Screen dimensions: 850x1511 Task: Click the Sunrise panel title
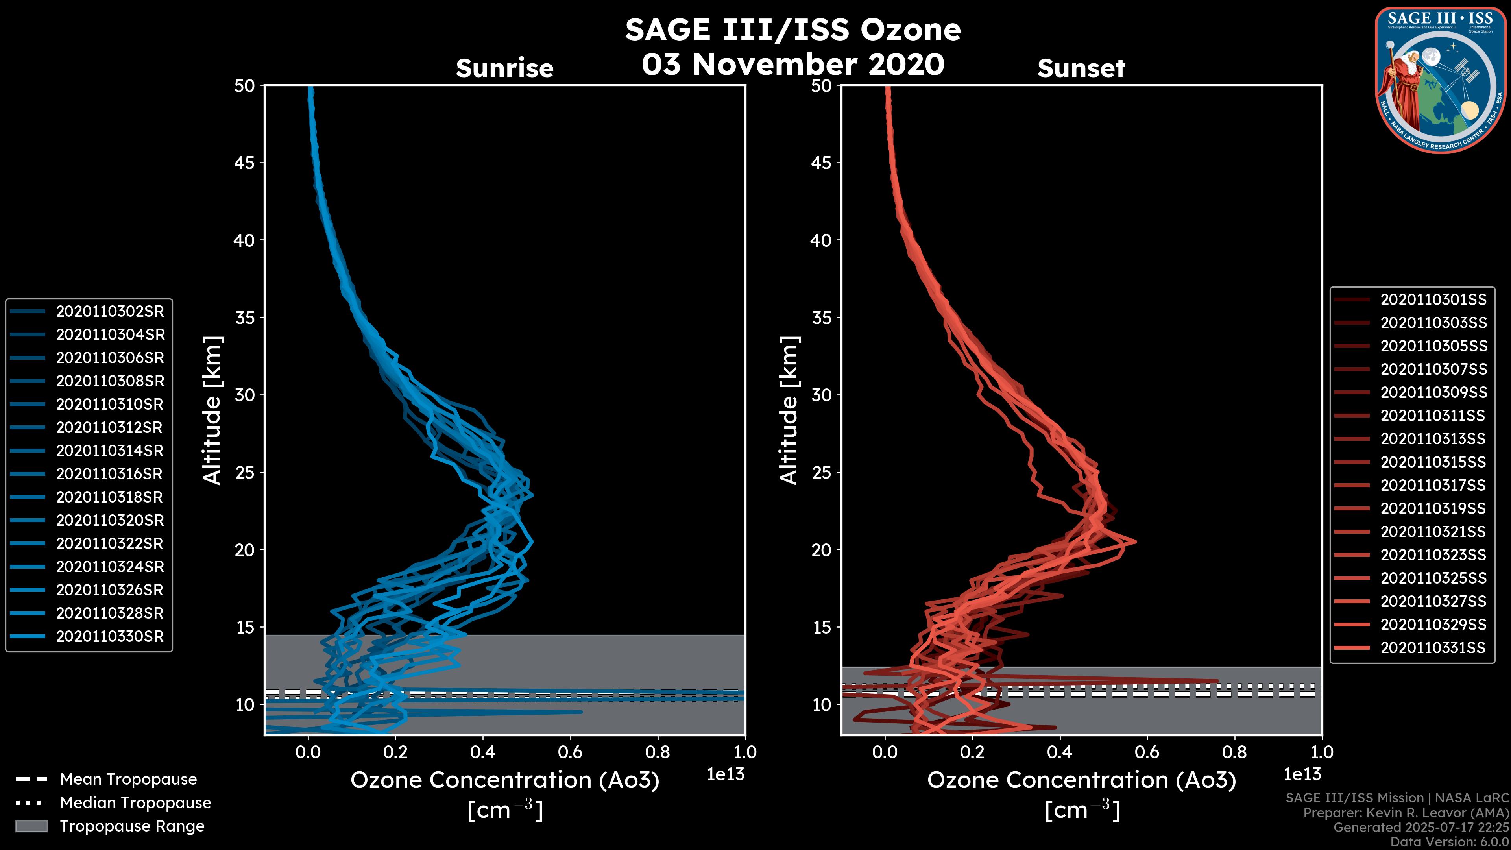click(504, 68)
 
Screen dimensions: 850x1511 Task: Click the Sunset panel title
click(1081, 68)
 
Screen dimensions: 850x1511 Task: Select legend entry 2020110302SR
click(110, 311)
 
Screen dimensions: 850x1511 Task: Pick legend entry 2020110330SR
click(110, 636)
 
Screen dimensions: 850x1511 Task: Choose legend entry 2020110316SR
click(110, 474)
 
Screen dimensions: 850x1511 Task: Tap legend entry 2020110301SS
click(1433, 300)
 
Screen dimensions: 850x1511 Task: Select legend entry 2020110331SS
click(1433, 648)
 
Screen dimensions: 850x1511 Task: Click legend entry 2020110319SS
click(1433, 508)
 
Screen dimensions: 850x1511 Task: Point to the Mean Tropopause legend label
click(128, 779)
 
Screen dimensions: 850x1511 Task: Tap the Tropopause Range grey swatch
click(31, 826)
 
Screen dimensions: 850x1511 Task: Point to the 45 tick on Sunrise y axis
click(245, 163)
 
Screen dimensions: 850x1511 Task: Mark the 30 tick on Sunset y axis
click(821, 395)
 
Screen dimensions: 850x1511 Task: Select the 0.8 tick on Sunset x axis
click(1234, 752)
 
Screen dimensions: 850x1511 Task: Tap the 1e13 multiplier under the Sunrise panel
click(726, 774)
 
